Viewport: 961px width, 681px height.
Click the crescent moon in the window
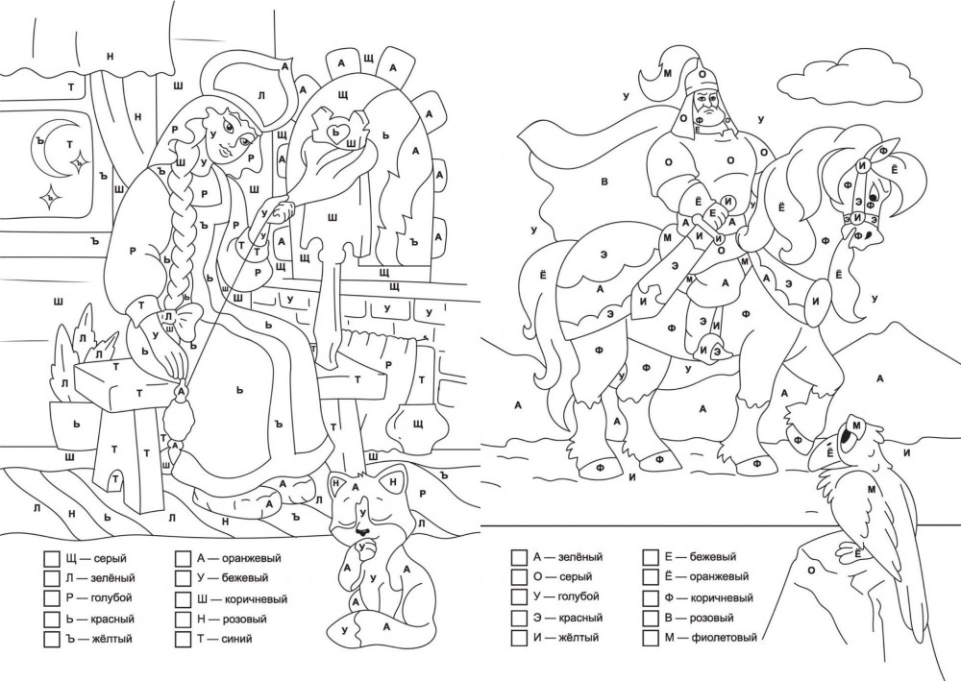pyautogui.click(x=38, y=146)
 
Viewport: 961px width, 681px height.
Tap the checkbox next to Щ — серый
pyautogui.click(x=50, y=558)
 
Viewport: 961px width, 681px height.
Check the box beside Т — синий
pyautogui.click(x=183, y=639)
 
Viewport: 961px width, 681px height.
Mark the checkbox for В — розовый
pyautogui.click(x=651, y=618)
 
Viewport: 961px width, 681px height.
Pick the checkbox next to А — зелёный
pyautogui.click(x=519, y=557)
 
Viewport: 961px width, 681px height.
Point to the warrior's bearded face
pyautogui.click(x=708, y=110)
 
